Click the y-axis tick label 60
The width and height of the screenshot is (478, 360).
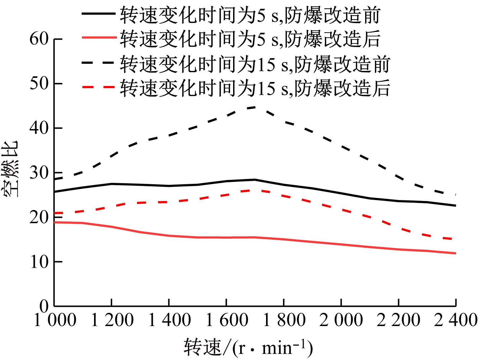(x=39, y=39)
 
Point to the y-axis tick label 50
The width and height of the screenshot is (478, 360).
(x=39, y=83)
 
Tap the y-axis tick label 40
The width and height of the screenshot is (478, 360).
(x=39, y=128)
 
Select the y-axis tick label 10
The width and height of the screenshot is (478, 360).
(x=39, y=262)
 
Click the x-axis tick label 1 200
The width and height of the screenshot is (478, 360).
(x=112, y=320)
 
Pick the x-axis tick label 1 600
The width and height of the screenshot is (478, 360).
(x=226, y=320)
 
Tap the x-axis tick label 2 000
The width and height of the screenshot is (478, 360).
(x=341, y=320)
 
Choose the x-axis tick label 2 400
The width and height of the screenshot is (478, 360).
(x=455, y=320)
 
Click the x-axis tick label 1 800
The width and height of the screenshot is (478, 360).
(x=284, y=320)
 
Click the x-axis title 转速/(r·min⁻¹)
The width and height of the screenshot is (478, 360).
(x=248, y=348)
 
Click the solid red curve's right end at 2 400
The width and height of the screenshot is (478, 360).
(x=455, y=253)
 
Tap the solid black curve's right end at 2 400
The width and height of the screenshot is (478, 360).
(x=455, y=205)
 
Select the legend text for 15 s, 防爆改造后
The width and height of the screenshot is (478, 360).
(x=255, y=88)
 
